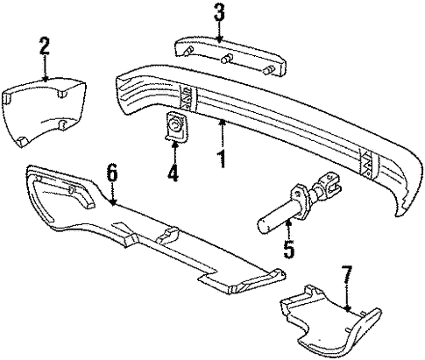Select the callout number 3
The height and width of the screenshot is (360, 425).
(219, 13)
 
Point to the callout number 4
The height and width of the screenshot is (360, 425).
(173, 174)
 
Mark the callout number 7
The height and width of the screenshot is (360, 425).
(348, 279)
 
